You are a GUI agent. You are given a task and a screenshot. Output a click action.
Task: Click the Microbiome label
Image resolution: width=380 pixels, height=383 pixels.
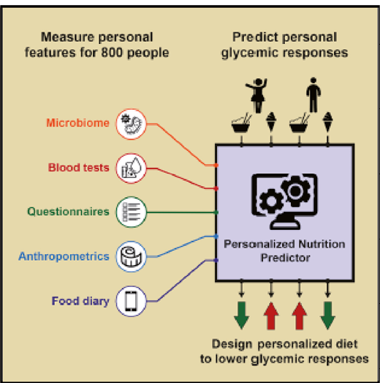[x=77, y=123]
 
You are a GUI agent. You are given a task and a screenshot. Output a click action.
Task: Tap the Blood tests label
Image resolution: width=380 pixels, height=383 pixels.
[x=78, y=168]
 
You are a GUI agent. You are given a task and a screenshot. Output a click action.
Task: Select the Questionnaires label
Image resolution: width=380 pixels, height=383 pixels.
[x=68, y=212]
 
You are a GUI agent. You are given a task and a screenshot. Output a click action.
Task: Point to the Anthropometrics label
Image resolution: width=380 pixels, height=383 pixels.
[x=64, y=256]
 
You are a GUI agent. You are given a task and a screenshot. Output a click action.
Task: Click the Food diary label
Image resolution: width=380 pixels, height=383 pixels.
[x=80, y=301]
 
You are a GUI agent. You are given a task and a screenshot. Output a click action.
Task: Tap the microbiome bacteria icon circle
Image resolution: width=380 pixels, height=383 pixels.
[x=131, y=124]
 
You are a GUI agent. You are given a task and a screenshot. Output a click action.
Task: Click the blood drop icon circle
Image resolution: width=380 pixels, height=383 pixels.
[x=131, y=168]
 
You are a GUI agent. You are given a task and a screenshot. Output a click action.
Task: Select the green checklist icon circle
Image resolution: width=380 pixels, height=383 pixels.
[x=131, y=212]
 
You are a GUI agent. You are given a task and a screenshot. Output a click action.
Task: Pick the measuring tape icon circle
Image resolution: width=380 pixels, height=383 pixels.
[x=131, y=256]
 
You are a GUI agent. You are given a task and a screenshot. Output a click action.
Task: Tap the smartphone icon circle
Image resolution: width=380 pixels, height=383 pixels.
[x=131, y=301]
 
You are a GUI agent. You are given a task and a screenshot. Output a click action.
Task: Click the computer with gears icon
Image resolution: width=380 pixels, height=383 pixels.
[x=284, y=201]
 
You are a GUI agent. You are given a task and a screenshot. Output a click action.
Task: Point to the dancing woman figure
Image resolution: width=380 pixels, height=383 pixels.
[x=257, y=95]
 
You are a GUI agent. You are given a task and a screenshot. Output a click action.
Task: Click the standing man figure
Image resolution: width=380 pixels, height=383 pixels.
[x=313, y=94]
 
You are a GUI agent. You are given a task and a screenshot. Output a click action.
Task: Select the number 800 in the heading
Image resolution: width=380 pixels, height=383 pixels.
[x=112, y=53]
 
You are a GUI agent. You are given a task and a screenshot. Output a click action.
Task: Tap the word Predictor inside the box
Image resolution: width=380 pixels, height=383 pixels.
[x=286, y=258]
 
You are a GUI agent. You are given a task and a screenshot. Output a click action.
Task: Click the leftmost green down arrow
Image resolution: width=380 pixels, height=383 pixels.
[x=241, y=316]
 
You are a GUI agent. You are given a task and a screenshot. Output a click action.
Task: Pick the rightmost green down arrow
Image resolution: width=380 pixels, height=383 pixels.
[x=327, y=316]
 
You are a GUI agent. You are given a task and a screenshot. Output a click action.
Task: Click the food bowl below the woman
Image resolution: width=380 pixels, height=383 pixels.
[x=241, y=124]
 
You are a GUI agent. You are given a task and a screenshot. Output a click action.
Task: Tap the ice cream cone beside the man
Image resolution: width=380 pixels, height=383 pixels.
[x=328, y=122]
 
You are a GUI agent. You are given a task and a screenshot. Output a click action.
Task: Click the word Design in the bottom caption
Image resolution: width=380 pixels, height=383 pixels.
[x=232, y=344]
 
